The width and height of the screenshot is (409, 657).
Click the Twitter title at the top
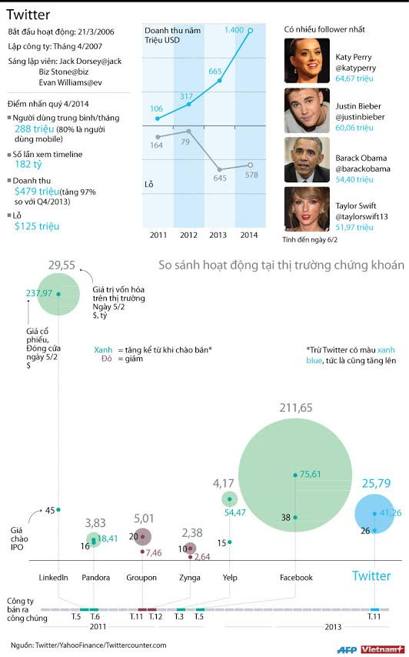(x=28, y=14)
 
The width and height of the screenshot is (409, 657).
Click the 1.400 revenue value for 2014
(x=234, y=29)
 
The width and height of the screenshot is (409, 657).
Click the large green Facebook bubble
(x=294, y=475)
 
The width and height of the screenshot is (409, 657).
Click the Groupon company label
(x=141, y=577)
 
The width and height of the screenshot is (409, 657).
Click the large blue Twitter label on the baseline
(x=371, y=575)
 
